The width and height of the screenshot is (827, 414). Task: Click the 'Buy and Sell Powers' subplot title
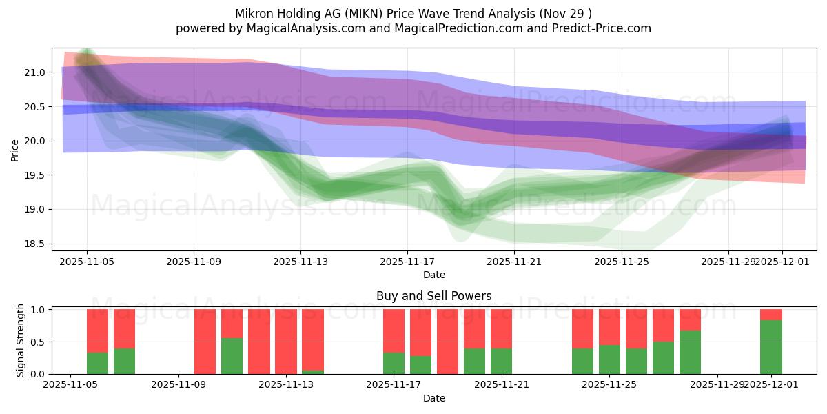433,296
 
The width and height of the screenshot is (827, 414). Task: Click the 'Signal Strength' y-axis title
21,340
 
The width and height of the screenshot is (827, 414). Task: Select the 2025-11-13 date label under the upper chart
300,262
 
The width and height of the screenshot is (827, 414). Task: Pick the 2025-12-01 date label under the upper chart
782,262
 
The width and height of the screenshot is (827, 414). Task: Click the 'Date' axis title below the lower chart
433,398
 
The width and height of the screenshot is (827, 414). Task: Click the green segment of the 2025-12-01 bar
771,347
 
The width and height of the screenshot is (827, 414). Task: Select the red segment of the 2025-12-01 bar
771,315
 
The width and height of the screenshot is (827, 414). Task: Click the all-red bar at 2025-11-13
286,342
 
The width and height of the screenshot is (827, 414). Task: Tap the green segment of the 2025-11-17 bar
394,363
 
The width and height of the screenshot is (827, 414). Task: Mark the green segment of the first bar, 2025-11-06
97,363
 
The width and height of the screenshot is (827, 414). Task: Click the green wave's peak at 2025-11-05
86,54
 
